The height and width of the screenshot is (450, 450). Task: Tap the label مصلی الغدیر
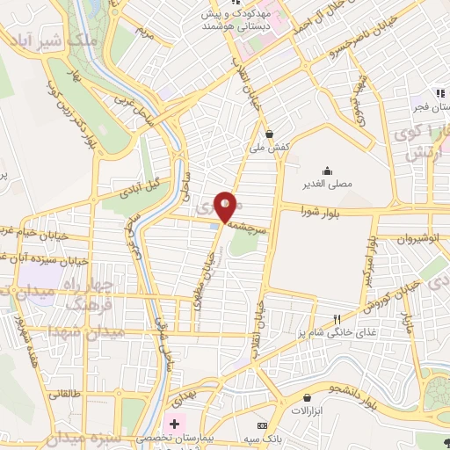point(327,185)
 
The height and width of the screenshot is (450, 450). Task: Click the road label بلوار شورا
point(324,211)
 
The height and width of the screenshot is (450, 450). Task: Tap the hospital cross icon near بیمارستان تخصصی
point(174,424)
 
